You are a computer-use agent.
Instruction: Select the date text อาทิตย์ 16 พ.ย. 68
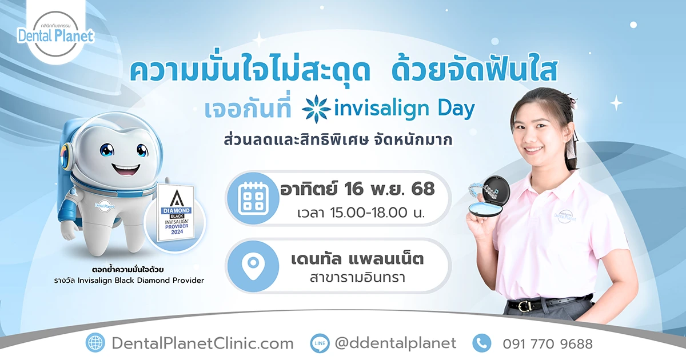coord(357,188)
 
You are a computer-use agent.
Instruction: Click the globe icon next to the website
coord(95,343)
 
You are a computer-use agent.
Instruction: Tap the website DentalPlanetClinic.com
coord(202,343)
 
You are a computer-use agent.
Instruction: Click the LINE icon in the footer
coord(320,343)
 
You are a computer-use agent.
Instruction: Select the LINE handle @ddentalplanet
coord(395,343)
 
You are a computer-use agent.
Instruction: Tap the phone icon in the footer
coord(482,343)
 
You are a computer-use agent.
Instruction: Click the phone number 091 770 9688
coord(548,344)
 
